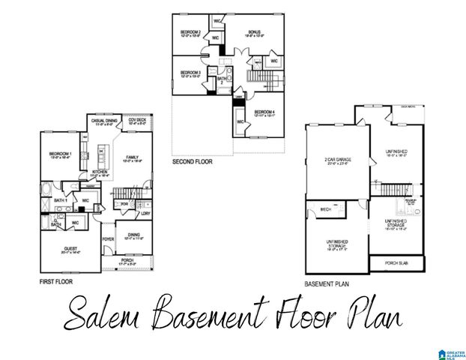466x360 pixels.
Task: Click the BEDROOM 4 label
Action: (x=264, y=112)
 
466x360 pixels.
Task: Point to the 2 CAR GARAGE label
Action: (x=339, y=160)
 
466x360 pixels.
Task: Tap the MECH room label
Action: (x=326, y=209)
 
